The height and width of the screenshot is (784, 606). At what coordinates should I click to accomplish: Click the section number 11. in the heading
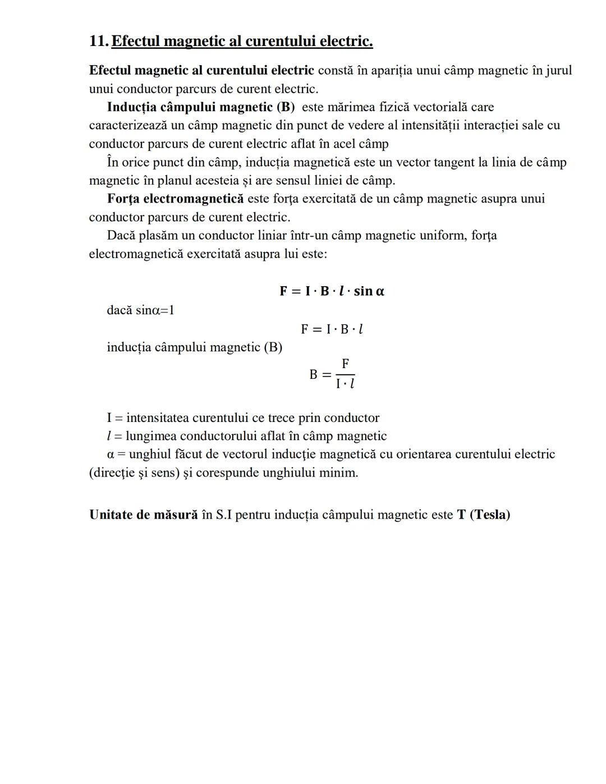99,42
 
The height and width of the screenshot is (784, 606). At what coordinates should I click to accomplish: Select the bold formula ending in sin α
332,291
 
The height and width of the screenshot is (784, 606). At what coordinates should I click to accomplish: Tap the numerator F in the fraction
346,364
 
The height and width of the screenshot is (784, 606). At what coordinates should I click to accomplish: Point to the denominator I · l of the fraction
345,384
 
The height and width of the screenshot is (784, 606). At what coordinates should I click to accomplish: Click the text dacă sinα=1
140,310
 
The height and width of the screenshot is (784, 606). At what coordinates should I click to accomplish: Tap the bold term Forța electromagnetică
176,199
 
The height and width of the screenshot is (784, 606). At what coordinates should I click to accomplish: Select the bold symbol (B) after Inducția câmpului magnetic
285,107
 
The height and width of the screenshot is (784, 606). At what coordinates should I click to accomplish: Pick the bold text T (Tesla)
483,515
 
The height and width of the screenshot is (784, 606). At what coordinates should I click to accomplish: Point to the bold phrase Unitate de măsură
144,515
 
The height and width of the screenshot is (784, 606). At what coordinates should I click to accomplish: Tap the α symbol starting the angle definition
111,455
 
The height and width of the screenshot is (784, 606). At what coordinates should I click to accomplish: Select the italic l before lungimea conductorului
108,436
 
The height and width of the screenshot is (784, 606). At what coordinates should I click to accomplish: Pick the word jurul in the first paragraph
558,71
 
